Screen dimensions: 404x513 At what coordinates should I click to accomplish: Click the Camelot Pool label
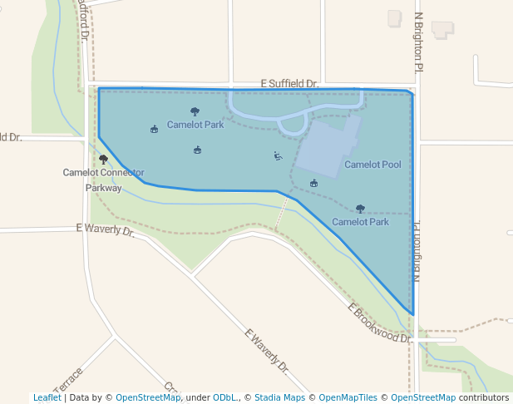click(372, 165)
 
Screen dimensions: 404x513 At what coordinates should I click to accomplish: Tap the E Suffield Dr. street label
click(289, 84)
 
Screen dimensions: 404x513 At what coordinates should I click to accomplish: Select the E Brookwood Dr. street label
click(379, 323)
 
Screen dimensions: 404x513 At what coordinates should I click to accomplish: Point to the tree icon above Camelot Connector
click(103, 159)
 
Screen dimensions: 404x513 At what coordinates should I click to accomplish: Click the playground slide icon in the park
click(278, 155)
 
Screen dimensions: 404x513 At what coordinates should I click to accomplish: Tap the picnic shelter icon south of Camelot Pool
click(313, 183)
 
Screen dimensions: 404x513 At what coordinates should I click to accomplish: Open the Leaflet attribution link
click(47, 397)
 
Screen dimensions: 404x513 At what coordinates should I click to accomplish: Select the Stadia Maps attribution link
click(279, 397)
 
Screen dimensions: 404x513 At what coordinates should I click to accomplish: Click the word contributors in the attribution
click(484, 397)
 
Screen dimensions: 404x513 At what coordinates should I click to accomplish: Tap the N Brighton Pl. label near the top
click(419, 41)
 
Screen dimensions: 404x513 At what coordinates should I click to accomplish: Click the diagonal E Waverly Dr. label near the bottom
click(267, 350)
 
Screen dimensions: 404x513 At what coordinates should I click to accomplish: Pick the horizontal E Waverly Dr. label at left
click(105, 229)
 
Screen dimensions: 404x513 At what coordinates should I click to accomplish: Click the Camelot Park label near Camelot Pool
click(360, 222)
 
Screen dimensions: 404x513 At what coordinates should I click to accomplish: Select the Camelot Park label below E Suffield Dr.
click(195, 125)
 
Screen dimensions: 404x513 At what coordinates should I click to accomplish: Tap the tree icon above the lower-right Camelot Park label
click(360, 209)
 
